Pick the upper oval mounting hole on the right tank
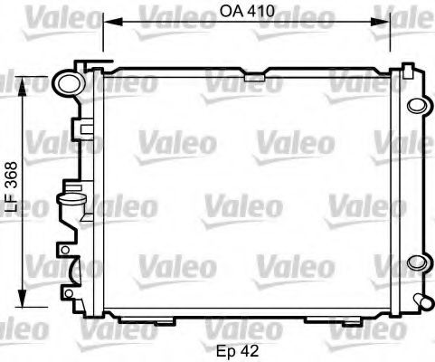coord(418,103)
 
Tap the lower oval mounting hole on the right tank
coord(418,262)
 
